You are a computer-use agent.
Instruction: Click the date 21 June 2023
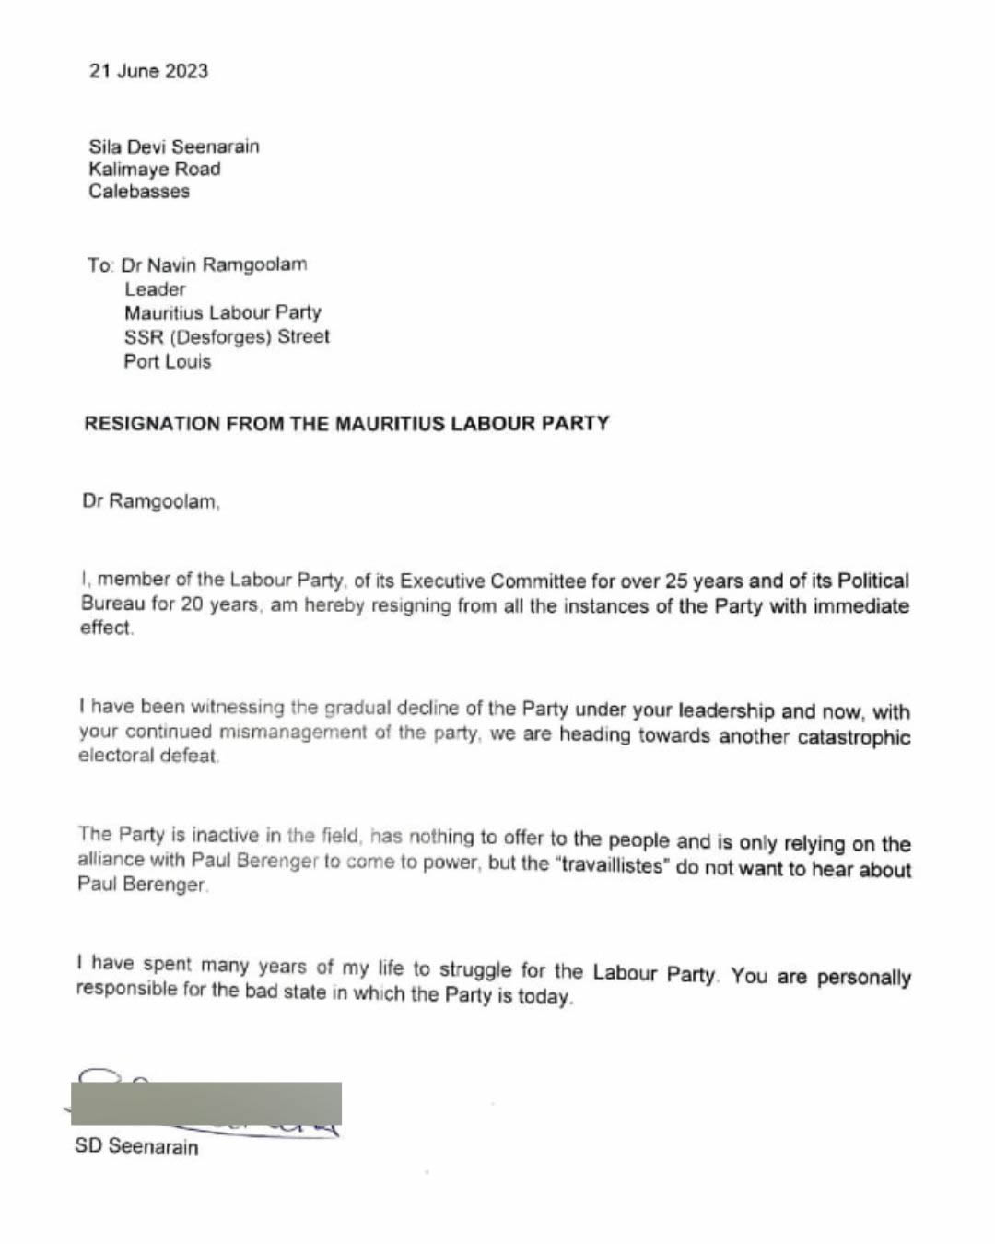(x=148, y=71)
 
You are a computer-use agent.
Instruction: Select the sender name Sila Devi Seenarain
(x=174, y=147)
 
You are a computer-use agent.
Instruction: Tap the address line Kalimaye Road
(x=155, y=169)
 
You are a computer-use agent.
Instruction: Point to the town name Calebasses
(x=139, y=192)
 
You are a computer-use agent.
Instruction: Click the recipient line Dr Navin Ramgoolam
(x=214, y=264)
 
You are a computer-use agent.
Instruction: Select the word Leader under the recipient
(x=155, y=288)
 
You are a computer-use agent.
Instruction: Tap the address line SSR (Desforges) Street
(x=227, y=336)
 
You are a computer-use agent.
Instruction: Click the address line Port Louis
(x=168, y=361)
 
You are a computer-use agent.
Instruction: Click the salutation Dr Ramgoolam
(x=151, y=502)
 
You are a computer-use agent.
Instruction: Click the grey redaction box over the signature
(x=206, y=1103)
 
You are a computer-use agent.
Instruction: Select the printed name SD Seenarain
(x=136, y=1146)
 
